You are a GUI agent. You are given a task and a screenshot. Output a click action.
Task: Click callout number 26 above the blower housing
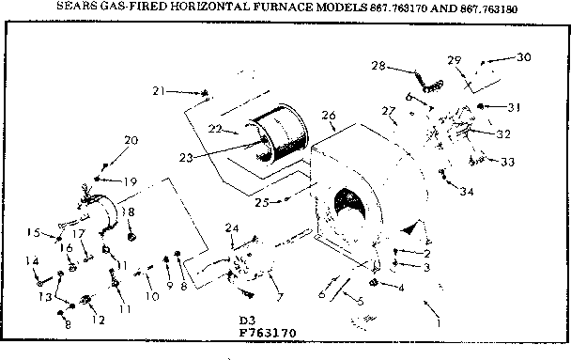tap(329, 116)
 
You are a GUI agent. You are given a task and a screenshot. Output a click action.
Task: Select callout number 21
tap(159, 90)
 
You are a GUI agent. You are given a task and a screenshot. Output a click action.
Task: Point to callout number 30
tap(523, 56)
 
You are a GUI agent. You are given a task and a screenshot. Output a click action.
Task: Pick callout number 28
tap(378, 66)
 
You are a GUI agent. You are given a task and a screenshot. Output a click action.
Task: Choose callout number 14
tap(32, 260)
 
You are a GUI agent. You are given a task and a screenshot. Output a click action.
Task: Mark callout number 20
tap(131, 140)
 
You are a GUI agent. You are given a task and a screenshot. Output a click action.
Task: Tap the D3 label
tap(247, 320)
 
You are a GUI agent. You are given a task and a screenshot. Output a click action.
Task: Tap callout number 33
tap(508, 162)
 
